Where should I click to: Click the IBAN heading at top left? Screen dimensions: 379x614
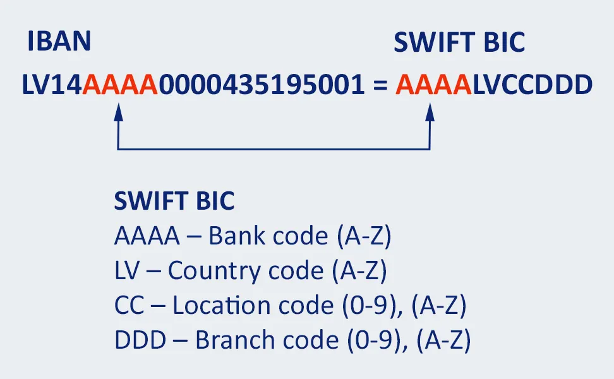59,42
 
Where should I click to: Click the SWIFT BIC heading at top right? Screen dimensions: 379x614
459,42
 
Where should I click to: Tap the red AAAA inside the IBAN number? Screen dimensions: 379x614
120,85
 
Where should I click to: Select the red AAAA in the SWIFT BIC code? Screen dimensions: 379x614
434,85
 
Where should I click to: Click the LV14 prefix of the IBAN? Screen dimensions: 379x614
52,85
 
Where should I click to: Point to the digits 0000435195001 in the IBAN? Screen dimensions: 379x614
261,85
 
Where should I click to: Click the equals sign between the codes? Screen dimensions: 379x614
380,85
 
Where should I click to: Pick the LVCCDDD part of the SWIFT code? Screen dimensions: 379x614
532,85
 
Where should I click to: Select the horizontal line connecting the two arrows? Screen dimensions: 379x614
274,149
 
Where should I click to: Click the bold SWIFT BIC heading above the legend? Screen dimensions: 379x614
174,202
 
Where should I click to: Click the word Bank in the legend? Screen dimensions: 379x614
234,237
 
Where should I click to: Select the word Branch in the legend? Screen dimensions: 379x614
232,341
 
